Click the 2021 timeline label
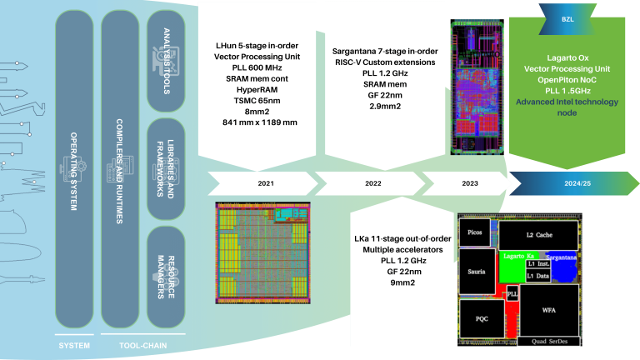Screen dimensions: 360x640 pos(265,182)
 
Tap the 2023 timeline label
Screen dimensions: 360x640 pos(469,182)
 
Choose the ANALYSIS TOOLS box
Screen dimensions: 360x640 pos(166,57)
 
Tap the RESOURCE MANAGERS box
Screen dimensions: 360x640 pos(166,275)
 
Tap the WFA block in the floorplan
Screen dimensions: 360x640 pos(548,310)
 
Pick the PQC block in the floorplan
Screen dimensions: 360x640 pos(481,317)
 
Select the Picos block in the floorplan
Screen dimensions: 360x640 pos(476,233)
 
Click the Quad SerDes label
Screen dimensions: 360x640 pos(548,341)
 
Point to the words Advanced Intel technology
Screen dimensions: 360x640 pos(567,102)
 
